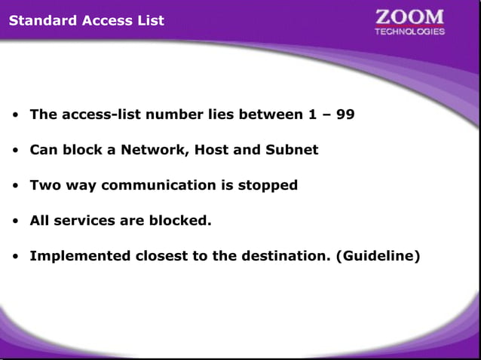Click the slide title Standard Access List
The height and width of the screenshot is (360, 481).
click(x=86, y=20)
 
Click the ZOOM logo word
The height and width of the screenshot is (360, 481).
click(x=409, y=17)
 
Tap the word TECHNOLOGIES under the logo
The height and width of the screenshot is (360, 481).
click(x=409, y=32)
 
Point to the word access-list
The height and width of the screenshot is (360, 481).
click(x=95, y=115)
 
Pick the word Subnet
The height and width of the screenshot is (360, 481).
click(x=290, y=150)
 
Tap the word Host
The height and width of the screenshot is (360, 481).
click(x=211, y=150)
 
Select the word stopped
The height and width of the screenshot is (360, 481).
click(x=268, y=185)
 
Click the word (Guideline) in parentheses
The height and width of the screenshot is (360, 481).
click(x=378, y=256)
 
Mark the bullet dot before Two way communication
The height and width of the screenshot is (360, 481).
click(x=15, y=186)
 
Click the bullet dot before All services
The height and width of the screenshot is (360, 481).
click(x=15, y=221)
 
